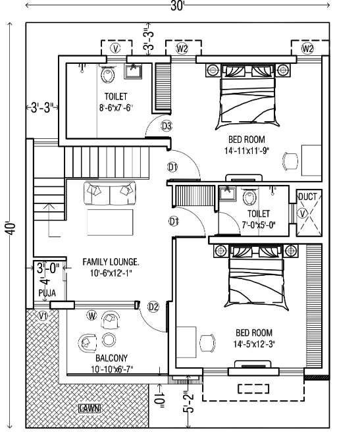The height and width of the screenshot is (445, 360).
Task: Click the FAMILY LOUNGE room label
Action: (111, 262)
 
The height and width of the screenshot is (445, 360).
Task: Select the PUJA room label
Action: (47, 291)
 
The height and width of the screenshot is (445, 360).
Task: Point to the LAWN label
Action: (89, 409)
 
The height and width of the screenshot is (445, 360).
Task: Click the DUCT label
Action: (307, 197)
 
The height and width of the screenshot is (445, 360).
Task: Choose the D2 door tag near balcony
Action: (153, 306)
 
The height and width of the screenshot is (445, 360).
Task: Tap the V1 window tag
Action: (43, 316)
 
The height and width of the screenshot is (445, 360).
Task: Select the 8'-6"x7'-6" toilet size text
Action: (115, 107)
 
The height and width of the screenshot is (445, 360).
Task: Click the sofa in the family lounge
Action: (110, 192)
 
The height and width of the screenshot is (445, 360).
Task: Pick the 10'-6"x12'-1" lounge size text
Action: (111, 273)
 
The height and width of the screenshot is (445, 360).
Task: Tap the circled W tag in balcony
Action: (92, 317)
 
